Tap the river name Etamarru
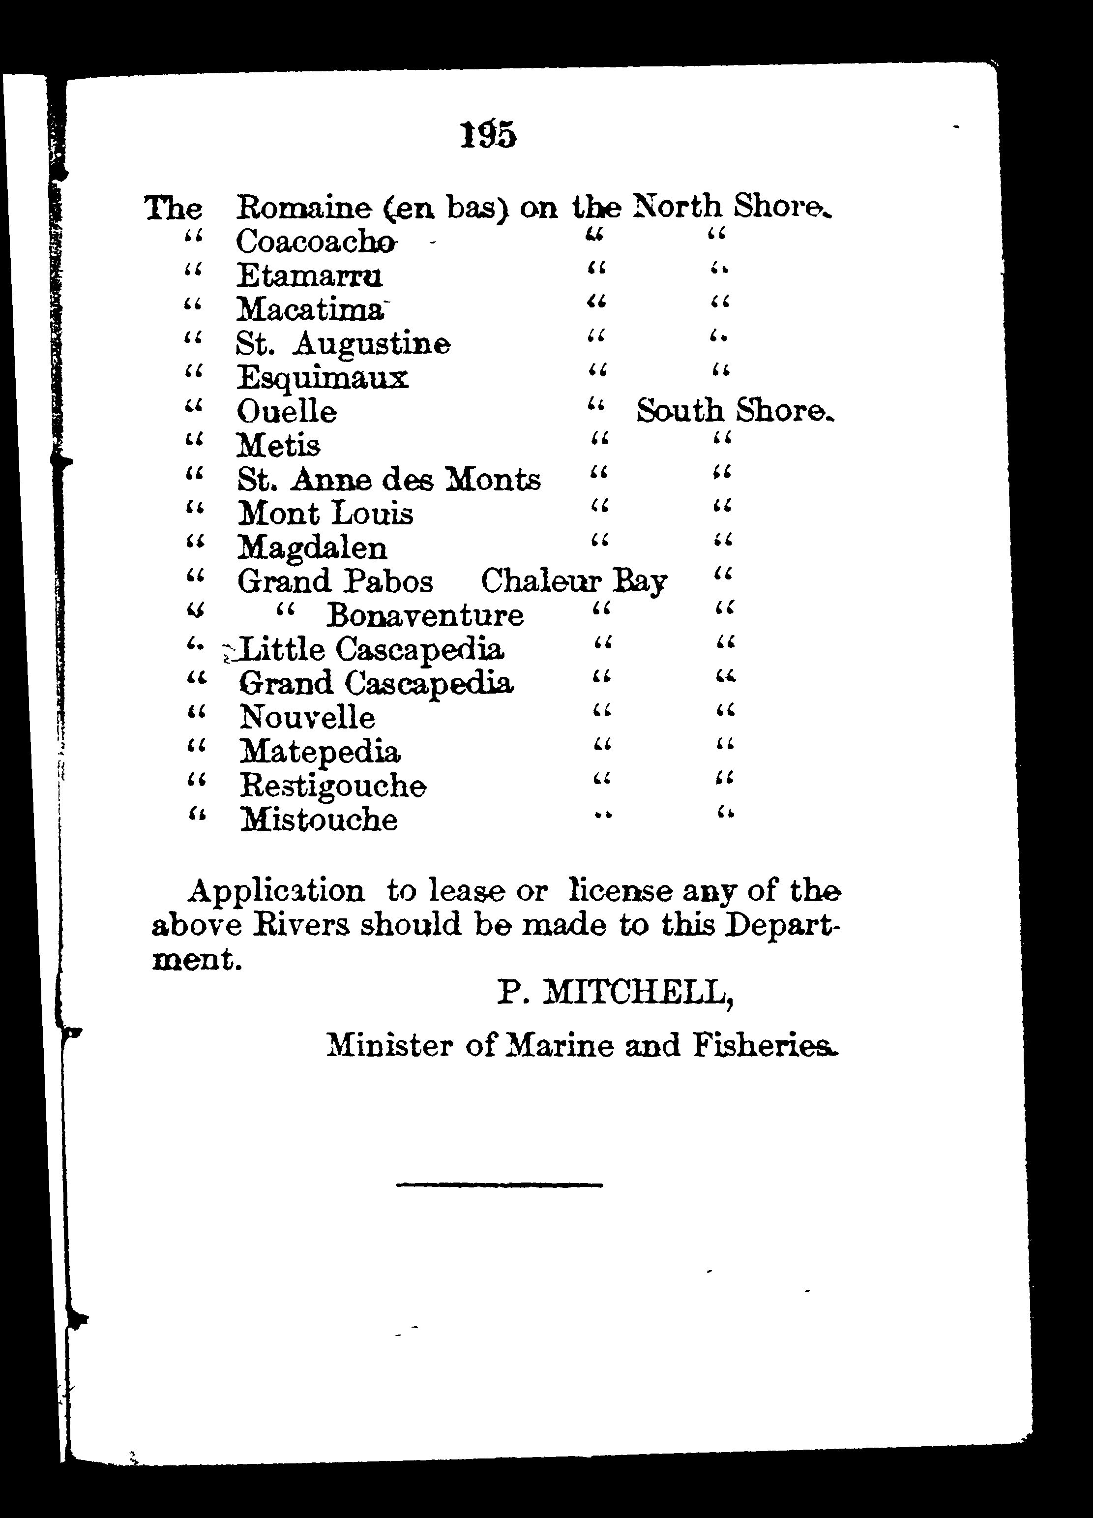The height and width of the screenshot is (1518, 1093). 309,276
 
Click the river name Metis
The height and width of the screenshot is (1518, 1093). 279,446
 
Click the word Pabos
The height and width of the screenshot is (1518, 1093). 388,581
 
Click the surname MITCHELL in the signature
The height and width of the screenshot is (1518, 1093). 639,993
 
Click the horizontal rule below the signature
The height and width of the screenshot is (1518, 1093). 499,1185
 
